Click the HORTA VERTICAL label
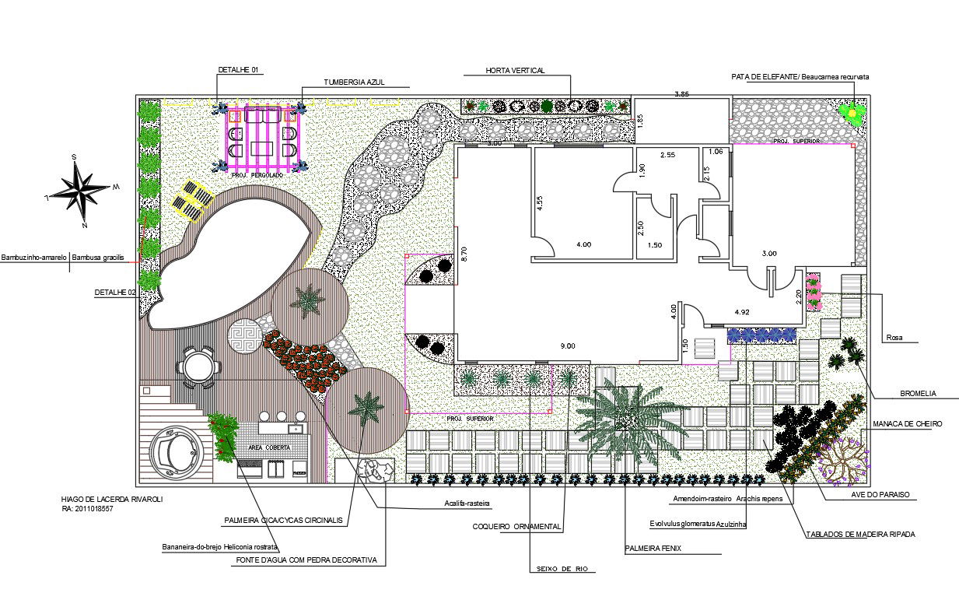click(x=515, y=71)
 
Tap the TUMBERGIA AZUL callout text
click(x=354, y=82)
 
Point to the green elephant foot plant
click(x=852, y=114)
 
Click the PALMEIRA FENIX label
click(x=653, y=548)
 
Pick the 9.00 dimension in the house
click(x=569, y=346)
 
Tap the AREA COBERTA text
click(x=269, y=447)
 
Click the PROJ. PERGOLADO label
click(x=257, y=176)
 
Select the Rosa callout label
click(x=894, y=338)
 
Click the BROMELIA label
click(x=917, y=395)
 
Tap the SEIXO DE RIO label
click(x=562, y=569)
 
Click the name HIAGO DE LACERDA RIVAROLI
click(x=112, y=499)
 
